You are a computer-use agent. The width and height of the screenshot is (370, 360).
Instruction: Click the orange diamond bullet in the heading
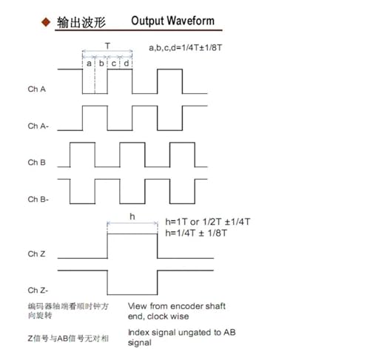click(x=46, y=22)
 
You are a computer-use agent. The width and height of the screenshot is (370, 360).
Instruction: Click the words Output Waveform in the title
click(x=172, y=21)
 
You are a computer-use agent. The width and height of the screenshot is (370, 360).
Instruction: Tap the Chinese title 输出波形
click(x=81, y=23)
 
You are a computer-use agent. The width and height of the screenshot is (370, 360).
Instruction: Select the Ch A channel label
click(x=37, y=89)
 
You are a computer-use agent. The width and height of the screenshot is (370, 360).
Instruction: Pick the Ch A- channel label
click(x=38, y=126)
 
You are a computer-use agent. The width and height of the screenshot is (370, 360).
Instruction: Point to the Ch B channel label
click(x=37, y=163)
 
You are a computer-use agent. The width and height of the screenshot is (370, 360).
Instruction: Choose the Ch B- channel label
click(x=38, y=199)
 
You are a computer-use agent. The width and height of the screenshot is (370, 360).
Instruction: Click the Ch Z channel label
click(x=36, y=254)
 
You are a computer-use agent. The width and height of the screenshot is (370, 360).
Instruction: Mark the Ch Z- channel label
click(x=38, y=291)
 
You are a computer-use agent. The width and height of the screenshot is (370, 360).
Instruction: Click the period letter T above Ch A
click(x=107, y=46)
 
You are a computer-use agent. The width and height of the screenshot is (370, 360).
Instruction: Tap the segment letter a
click(x=89, y=64)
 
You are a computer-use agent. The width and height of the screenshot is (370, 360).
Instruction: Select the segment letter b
click(x=101, y=63)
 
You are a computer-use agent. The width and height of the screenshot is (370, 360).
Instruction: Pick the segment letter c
click(x=114, y=64)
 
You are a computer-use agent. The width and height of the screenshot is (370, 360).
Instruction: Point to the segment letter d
click(x=127, y=63)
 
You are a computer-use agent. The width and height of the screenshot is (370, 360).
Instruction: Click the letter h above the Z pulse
click(x=132, y=217)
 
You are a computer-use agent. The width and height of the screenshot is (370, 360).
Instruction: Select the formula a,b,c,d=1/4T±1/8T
click(x=186, y=47)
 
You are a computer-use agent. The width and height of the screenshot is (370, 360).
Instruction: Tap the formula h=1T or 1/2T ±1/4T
click(x=208, y=222)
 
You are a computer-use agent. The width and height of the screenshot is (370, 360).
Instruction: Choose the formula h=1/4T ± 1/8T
click(x=196, y=233)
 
